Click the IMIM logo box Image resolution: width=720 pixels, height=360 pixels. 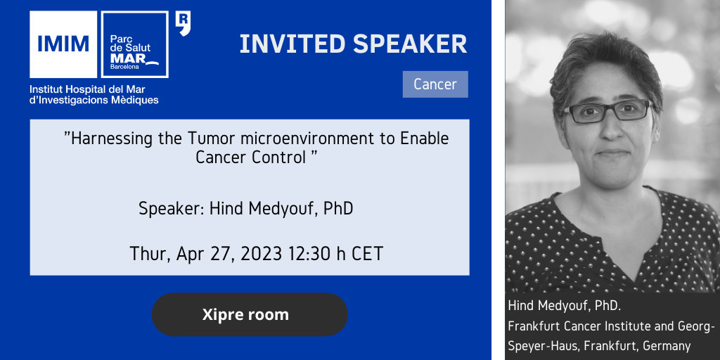point(63,44)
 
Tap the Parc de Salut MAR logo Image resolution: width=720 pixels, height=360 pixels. point(134,44)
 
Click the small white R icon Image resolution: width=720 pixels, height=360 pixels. point(184,24)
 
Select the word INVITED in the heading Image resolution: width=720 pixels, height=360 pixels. point(292,44)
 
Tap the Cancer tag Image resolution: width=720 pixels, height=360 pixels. point(435,84)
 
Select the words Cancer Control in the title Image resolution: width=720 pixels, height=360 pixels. point(251,157)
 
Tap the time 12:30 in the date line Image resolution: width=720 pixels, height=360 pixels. point(309,253)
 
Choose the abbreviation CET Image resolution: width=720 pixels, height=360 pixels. point(367,253)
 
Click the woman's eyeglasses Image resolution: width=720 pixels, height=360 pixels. point(607,111)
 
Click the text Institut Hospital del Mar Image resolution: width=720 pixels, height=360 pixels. point(87,89)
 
